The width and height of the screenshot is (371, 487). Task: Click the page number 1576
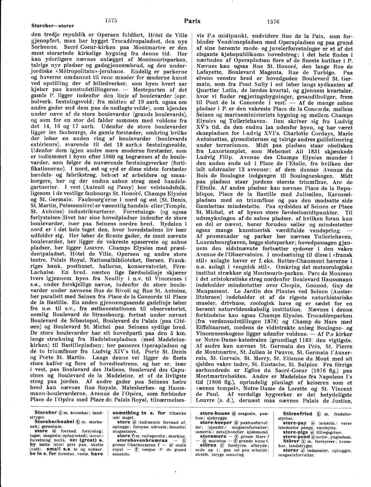(x=273, y=21)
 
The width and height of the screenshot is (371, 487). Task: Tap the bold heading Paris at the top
(x=192, y=21)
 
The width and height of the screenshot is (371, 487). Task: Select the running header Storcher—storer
(x=53, y=26)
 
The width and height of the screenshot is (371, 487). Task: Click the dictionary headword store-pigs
(x=295, y=432)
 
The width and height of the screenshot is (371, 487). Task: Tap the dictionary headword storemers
(x=213, y=436)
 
